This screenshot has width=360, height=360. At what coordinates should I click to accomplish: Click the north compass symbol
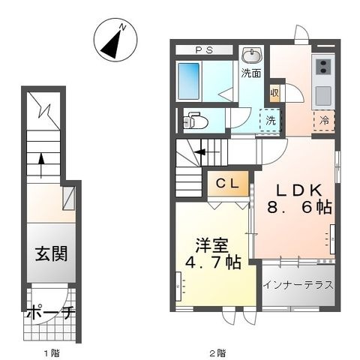tap(115, 40)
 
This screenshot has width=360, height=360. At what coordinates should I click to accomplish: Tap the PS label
tap(204, 50)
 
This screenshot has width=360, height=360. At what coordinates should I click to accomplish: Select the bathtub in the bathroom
tap(189, 81)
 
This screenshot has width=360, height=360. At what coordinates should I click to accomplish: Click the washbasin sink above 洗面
tap(251, 56)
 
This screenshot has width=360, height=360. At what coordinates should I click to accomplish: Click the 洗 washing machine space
tap(271, 121)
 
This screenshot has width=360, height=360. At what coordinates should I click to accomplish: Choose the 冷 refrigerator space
tap(324, 121)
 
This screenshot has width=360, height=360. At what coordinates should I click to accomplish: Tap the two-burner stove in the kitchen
tap(323, 67)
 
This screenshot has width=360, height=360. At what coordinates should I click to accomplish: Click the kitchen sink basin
tap(323, 96)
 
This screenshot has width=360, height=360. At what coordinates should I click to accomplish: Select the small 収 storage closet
tap(274, 93)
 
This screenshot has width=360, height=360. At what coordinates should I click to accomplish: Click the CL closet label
tap(227, 184)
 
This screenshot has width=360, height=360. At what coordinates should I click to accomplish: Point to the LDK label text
tap(298, 190)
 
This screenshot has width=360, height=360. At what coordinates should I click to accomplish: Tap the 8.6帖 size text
tap(299, 208)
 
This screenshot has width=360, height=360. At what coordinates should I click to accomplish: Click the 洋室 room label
tap(212, 245)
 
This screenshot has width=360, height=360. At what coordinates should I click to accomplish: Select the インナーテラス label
tap(298, 285)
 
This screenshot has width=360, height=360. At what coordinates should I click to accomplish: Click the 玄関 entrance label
tap(51, 253)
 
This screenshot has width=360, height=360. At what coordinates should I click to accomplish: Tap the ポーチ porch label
tap(51, 313)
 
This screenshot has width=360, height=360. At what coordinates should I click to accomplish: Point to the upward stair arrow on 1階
tap(41, 166)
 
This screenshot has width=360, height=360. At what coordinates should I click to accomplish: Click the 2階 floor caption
tap(217, 353)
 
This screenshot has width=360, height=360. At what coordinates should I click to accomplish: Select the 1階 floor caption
tap(52, 353)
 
